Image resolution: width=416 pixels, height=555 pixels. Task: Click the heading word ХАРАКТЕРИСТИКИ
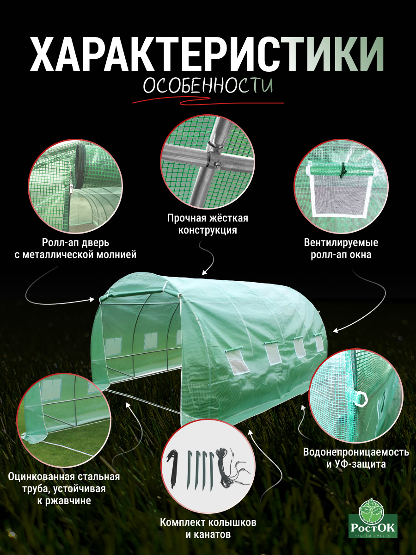(207, 55)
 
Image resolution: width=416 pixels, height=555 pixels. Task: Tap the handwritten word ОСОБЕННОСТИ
(208, 86)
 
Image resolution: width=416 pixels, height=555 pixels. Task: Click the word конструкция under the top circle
(208, 230)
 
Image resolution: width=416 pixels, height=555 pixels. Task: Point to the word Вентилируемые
(341, 242)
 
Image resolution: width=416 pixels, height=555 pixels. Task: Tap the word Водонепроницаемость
(356, 452)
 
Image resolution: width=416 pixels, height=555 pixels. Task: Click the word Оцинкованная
(42, 477)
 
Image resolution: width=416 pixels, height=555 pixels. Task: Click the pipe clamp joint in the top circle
(214, 157)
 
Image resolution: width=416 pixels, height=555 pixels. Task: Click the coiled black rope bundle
(224, 468)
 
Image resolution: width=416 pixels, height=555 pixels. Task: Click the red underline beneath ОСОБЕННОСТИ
(208, 101)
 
